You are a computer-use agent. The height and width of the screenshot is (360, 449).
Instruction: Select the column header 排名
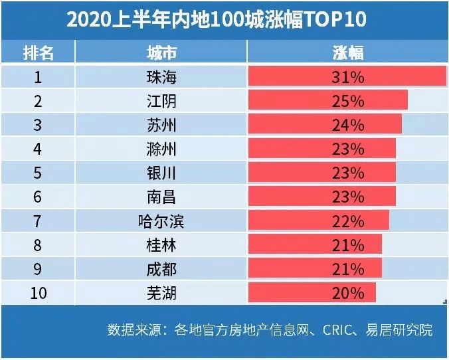[x=38, y=53]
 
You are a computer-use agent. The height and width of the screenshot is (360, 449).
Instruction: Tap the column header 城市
[x=161, y=53]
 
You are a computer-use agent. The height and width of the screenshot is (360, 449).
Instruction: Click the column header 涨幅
[x=347, y=53]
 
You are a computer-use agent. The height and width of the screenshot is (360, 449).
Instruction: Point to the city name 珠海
[x=161, y=77]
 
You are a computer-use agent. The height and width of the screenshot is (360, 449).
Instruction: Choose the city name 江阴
[x=161, y=101]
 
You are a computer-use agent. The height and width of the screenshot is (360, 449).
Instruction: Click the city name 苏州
[x=161, y=125]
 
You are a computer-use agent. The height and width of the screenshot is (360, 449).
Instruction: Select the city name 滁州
[x=161, y=149]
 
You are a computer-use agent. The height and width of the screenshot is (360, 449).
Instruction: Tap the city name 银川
[x=161, y=173]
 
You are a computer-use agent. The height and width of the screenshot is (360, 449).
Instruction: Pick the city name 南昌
[x=161, y=197]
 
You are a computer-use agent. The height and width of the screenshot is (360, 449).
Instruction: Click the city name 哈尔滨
[x=161, y=221]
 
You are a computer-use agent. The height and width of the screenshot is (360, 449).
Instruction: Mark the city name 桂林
[x=161, y=244]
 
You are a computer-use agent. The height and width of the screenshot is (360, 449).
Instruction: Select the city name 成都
[x=161, y=268]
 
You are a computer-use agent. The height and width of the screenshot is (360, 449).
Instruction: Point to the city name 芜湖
[x=161, y=292]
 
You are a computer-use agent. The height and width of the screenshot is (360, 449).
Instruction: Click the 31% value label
[x=347, y=77]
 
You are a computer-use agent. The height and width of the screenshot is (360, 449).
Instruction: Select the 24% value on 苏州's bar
[x=347, y=125]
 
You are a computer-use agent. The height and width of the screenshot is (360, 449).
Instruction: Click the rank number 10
[x=38, y=292]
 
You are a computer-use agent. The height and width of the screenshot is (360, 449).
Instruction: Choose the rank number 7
[x=38, y=221]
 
